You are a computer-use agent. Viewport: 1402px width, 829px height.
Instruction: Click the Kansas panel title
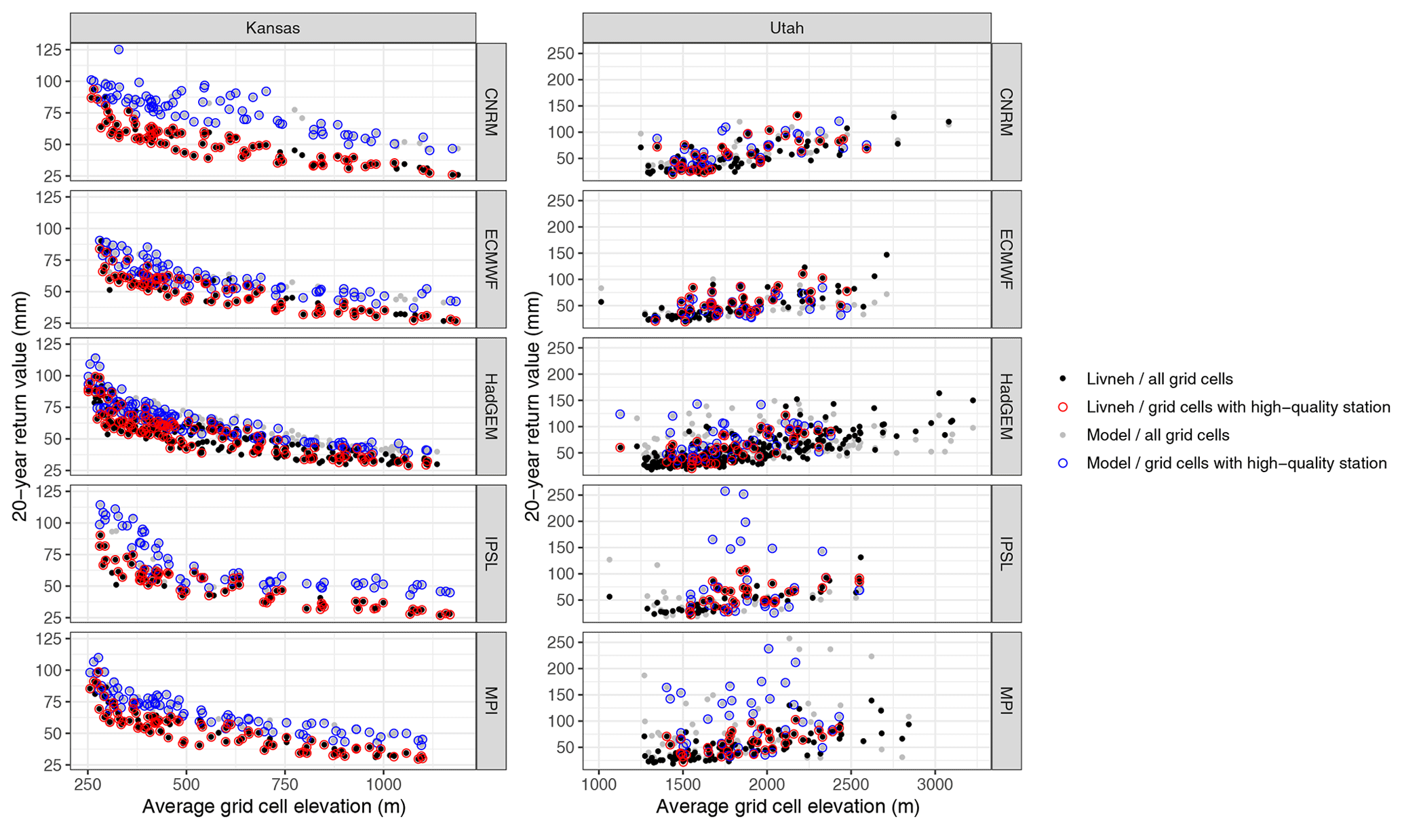(x=273, y=28)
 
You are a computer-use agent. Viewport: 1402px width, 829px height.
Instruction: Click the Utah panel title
(x=786, y=28)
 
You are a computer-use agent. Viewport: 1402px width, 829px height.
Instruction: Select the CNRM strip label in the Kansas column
(x=491, y=112)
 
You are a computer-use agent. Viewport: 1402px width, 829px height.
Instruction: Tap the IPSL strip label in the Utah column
(x=1006, y=554)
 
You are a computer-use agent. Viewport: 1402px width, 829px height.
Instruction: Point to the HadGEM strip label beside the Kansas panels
(x=491, y=406)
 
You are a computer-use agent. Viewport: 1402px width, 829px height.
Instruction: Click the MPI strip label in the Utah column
(x=1006, y=701)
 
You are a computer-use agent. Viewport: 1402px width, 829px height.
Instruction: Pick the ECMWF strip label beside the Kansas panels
(x=491, y=259)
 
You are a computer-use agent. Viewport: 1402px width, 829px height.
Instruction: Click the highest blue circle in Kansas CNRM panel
(x=119, y=50)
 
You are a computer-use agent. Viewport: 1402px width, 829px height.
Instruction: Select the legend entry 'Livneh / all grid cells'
(x=1159, y=379)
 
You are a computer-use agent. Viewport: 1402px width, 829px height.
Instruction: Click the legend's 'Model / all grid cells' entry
(x=1157, y=435)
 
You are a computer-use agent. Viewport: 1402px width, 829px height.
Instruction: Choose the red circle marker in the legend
(x=1063, y=407)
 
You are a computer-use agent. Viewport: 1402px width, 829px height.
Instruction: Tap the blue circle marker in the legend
(x=1063, y=463)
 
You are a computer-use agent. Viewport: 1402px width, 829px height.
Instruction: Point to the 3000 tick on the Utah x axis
(x=935, y=786)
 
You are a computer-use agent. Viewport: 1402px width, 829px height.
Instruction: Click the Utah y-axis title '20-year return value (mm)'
(x=533, y=406)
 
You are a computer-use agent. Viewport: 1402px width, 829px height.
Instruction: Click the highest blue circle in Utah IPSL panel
(x=724, y=490)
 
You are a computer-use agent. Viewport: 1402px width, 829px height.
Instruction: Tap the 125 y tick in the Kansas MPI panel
(x=52, y=638)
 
